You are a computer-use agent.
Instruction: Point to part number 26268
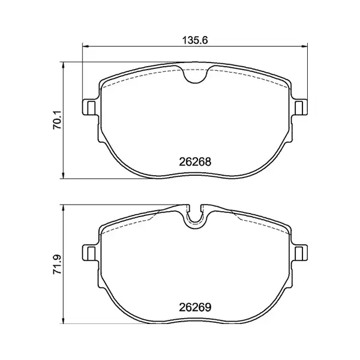click(194, 161)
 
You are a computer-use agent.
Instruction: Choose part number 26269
click(194, 306)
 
